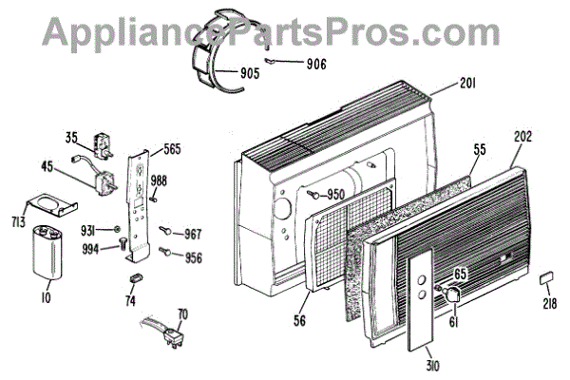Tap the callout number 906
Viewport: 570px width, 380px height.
coord(316,65)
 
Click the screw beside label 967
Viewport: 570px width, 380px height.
coord(167,230)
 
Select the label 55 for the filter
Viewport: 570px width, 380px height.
coord(481,149)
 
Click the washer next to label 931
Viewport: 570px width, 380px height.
coord(116,230)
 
